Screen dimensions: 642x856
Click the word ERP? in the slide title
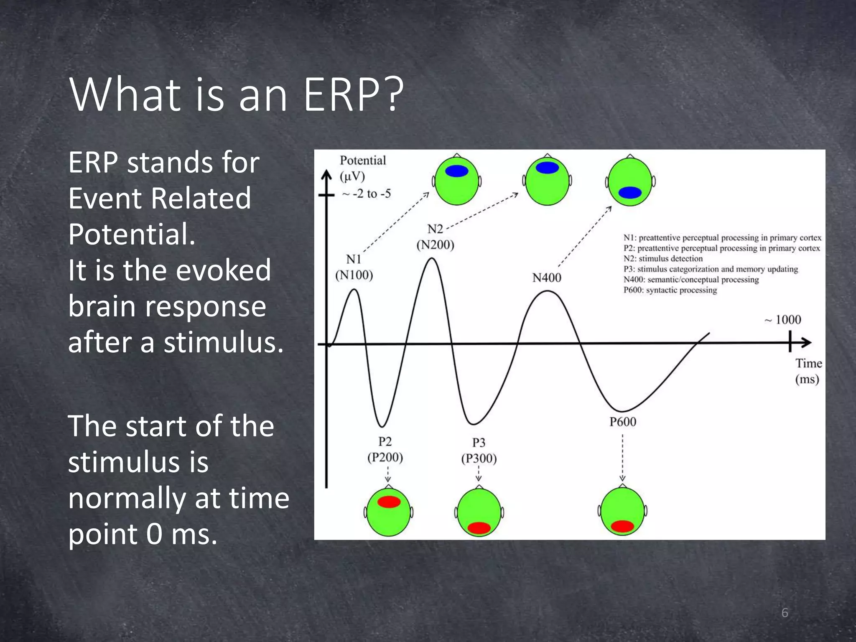click(353, 95)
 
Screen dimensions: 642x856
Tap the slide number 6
click(785, 613)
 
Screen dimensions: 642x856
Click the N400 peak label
click(547, 278)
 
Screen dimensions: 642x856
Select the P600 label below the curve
click(623, 422)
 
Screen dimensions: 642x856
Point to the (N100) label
click(354, 275)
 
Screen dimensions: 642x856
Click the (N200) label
click(435, 245)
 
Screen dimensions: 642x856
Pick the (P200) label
click(385, 457)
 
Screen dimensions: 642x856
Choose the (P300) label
click(479, 459)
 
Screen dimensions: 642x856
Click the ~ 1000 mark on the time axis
click(783, 320)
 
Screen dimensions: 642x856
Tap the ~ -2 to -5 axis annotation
click(367, 194)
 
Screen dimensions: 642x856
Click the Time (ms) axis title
click(808, 371)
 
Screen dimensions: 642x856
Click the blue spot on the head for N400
click(630, 193)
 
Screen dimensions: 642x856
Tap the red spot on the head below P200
click(389, 502)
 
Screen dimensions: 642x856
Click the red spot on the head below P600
click(622, 526)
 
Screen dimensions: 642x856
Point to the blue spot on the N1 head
click(456, 171)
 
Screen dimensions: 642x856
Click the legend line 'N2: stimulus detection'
click(663, 259)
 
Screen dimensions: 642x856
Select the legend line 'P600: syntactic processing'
click(670, 290)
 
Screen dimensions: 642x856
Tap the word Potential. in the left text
click(132, 234)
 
